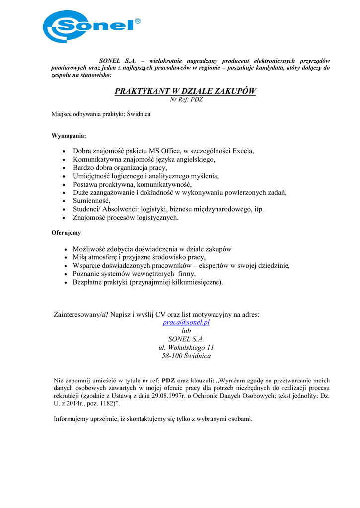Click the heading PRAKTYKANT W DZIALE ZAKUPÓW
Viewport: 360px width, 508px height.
[185, 91]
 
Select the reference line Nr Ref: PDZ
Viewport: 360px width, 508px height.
[186, 100]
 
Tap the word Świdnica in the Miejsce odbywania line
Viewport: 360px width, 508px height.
[139, 114]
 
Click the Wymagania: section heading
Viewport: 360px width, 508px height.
[69, 135]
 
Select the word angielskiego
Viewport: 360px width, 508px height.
[192, 159]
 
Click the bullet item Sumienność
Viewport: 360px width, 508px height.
[91, 200]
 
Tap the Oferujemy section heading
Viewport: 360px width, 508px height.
[66, 232]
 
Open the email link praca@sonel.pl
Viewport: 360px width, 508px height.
[186, 322]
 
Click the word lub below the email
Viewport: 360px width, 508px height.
[186, 331]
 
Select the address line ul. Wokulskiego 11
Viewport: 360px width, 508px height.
[186, 348]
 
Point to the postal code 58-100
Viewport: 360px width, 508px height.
[172, 356]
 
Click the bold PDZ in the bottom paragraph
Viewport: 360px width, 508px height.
[169, 381]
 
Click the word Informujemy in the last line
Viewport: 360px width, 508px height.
[70, 419]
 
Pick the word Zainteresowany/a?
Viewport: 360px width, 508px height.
[81, 314]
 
